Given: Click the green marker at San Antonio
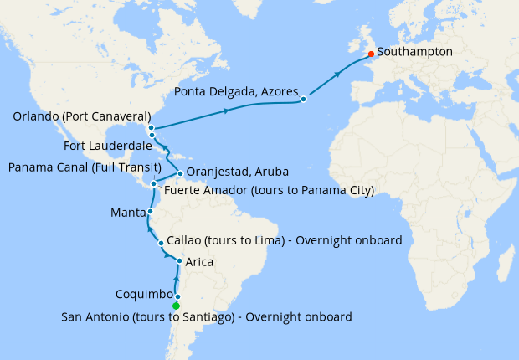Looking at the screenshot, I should pyautogui.click(x=176, y=306).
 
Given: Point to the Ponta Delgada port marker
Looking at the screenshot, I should pyautogui.click(x=303, y=100).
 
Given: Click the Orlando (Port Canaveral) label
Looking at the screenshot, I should pyautogui.click(x=81, y=116).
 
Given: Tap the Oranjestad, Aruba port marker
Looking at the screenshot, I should pyautogui.click(x=180, y=174).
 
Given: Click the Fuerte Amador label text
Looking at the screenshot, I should pyautogui.click(x=269, y=191).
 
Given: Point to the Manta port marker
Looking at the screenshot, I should pyautogui.click(x=150, y=212).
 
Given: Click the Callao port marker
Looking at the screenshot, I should pyautogui.click(x=161, y=244).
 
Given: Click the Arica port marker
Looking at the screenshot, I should pyautogui.click(x=179, y=262).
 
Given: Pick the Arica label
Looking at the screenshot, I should pyautogui.click(x=199, y=262).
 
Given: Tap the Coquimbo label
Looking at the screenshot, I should pyautogui.click(x=145, y=295).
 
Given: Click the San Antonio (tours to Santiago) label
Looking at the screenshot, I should pyautogui.click(x=207, y=316).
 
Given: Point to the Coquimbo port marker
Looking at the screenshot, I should pyautogui.click(x=177, y=296).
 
